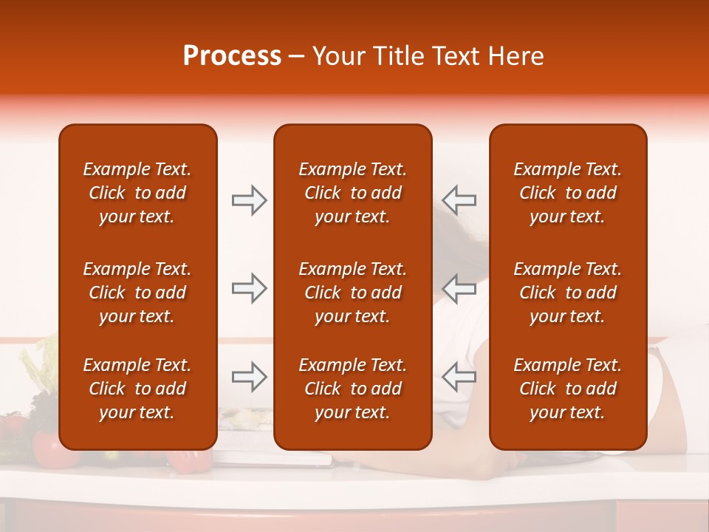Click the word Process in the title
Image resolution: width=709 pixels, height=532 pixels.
click(232, 56)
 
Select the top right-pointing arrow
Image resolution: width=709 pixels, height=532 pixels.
click(249, 200)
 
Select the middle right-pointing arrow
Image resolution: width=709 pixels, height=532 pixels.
click(249, 288)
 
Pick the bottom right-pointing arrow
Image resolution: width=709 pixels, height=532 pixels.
click(249, 377)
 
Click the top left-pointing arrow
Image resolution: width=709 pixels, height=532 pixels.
click(459, 200)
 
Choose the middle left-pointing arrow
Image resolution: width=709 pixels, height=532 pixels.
click(459, 288)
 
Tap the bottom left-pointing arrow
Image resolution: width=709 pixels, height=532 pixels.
click(459, 377)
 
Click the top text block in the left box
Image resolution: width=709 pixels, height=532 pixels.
click(137, 193)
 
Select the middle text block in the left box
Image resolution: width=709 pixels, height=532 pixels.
click(137, 293)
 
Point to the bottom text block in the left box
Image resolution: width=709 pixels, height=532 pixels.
click(137, 389)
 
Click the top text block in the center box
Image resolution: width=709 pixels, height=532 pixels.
click(352, 193)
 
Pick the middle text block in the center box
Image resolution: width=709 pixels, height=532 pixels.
click(352, 293)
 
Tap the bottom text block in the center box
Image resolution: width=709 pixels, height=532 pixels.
click(352, 389)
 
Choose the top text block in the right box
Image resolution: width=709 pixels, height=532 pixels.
click(567, 193)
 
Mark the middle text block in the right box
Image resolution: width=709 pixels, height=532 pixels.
click(567, 293)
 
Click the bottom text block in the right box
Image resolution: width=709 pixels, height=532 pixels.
click(567, 389)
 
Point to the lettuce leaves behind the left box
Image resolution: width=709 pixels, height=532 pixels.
click(41, 366)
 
